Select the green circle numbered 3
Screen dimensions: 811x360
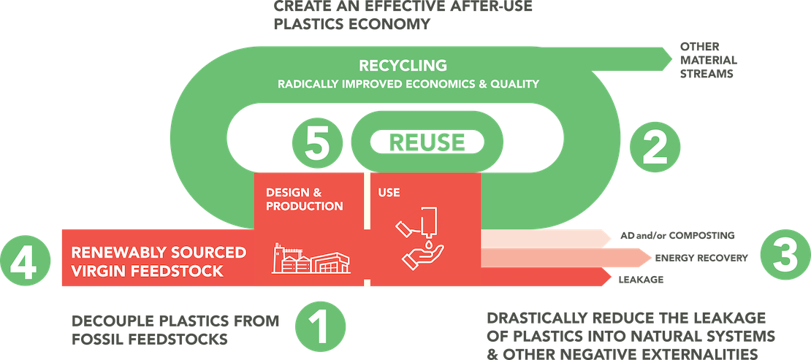785,257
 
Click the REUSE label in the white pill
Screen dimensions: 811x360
427,142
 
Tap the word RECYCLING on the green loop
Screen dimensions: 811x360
403,66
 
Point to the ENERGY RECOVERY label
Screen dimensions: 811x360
701,258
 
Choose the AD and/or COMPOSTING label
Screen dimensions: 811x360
677,236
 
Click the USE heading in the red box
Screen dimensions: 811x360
389,193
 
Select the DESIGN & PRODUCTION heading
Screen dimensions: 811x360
304,199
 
